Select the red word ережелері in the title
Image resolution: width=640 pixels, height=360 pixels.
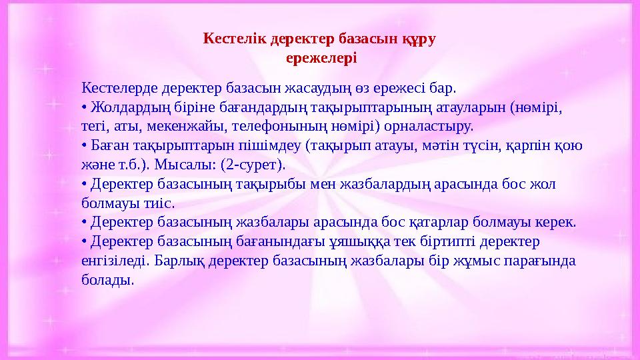(x=321, y=59)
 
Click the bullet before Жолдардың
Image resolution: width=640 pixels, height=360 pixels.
(x=84, y=107)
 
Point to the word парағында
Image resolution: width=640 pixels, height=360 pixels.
(x=541, y=261)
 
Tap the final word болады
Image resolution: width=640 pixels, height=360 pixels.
(x=107, y=280)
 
